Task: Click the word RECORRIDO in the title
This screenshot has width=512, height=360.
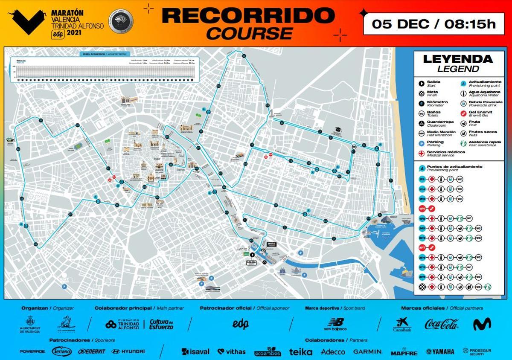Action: click(248, 15)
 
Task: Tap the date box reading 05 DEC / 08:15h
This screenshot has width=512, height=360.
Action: click(434, 23)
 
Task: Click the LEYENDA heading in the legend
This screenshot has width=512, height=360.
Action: click(457, 59)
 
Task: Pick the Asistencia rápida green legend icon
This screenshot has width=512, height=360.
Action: click(463, 143)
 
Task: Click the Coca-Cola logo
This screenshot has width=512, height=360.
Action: click(442, 324)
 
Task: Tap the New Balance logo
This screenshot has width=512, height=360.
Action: click(335, 324)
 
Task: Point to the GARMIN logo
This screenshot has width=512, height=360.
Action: click(367, 351)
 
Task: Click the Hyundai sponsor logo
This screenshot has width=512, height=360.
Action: click(128, 351)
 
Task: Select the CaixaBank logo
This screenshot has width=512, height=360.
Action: click(402, 324)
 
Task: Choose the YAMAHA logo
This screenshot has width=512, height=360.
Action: click(440, 351)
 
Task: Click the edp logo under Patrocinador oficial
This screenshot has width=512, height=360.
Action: click(240, 324)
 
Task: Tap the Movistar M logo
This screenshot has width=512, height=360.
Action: click(482, 324)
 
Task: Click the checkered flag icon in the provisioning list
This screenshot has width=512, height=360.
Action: click(422, 287)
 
